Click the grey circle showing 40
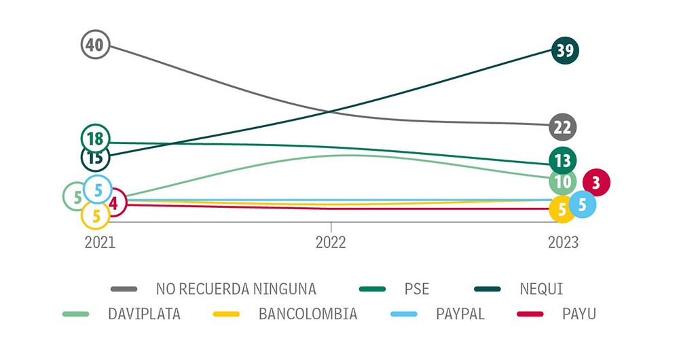[x=95, y=46]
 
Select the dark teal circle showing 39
[x=565, y=50]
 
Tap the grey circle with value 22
[x=563, y=127]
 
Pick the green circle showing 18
[x=95, y=139]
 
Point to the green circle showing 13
[x=562, y=161]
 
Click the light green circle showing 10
[x=562, y=182]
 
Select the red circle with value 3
[x=595, y=182]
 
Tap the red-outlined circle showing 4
[x=114, y=202]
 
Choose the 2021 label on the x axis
[x=100, y=242]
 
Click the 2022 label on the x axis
[x=331, y=242]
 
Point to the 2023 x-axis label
[x=563, y=242]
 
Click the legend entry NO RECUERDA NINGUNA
[x=236, y=289]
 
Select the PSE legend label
[x=416, y=289]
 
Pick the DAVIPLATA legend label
[x=144, y=314]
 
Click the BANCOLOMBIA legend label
[x=308, y=314]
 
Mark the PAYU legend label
[x=579, y=314]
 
